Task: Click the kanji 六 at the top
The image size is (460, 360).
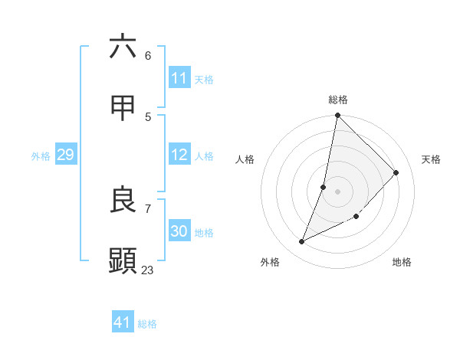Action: (123, 47)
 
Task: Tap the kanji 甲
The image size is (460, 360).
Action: (123, 108)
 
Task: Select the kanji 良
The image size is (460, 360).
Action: (123, 200)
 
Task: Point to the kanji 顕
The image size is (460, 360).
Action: (123, 261)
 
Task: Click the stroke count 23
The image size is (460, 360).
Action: (147, 270)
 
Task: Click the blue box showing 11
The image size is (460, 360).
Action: (179, 78)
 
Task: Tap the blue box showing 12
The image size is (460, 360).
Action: (179, 155)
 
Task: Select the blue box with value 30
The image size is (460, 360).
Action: (179, 231)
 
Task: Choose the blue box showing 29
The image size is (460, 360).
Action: (65, 155)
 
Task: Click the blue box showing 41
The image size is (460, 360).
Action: (123, 322)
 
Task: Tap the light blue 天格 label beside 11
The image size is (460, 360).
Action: (204, 79)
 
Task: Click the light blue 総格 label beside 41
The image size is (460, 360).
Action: (147, 323)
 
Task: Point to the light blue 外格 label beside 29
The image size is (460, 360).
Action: (41, 155)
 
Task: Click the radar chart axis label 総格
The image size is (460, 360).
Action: (337, 100)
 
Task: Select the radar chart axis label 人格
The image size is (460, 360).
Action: (245, 159)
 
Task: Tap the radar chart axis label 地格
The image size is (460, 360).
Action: (402, 262)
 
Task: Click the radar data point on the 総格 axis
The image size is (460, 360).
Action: (337, 116)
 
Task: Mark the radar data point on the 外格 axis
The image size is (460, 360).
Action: (302, 242)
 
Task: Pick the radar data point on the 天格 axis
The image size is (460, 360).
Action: (396, 172)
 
